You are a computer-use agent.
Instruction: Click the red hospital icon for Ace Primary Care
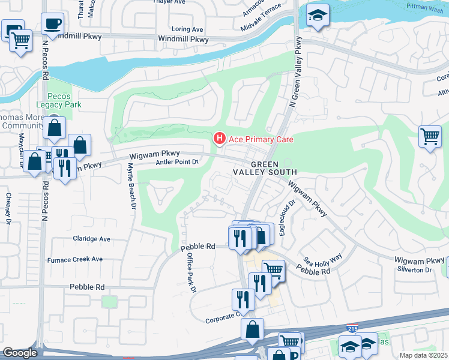(x=220, y=139)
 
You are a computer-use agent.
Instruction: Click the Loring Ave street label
(x=187, y=29)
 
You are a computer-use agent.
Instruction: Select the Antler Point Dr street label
(x=177, y=162)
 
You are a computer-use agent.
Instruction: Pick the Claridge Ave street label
(x=92, y=239)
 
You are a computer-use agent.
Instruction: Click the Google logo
(x=20, y=353)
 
